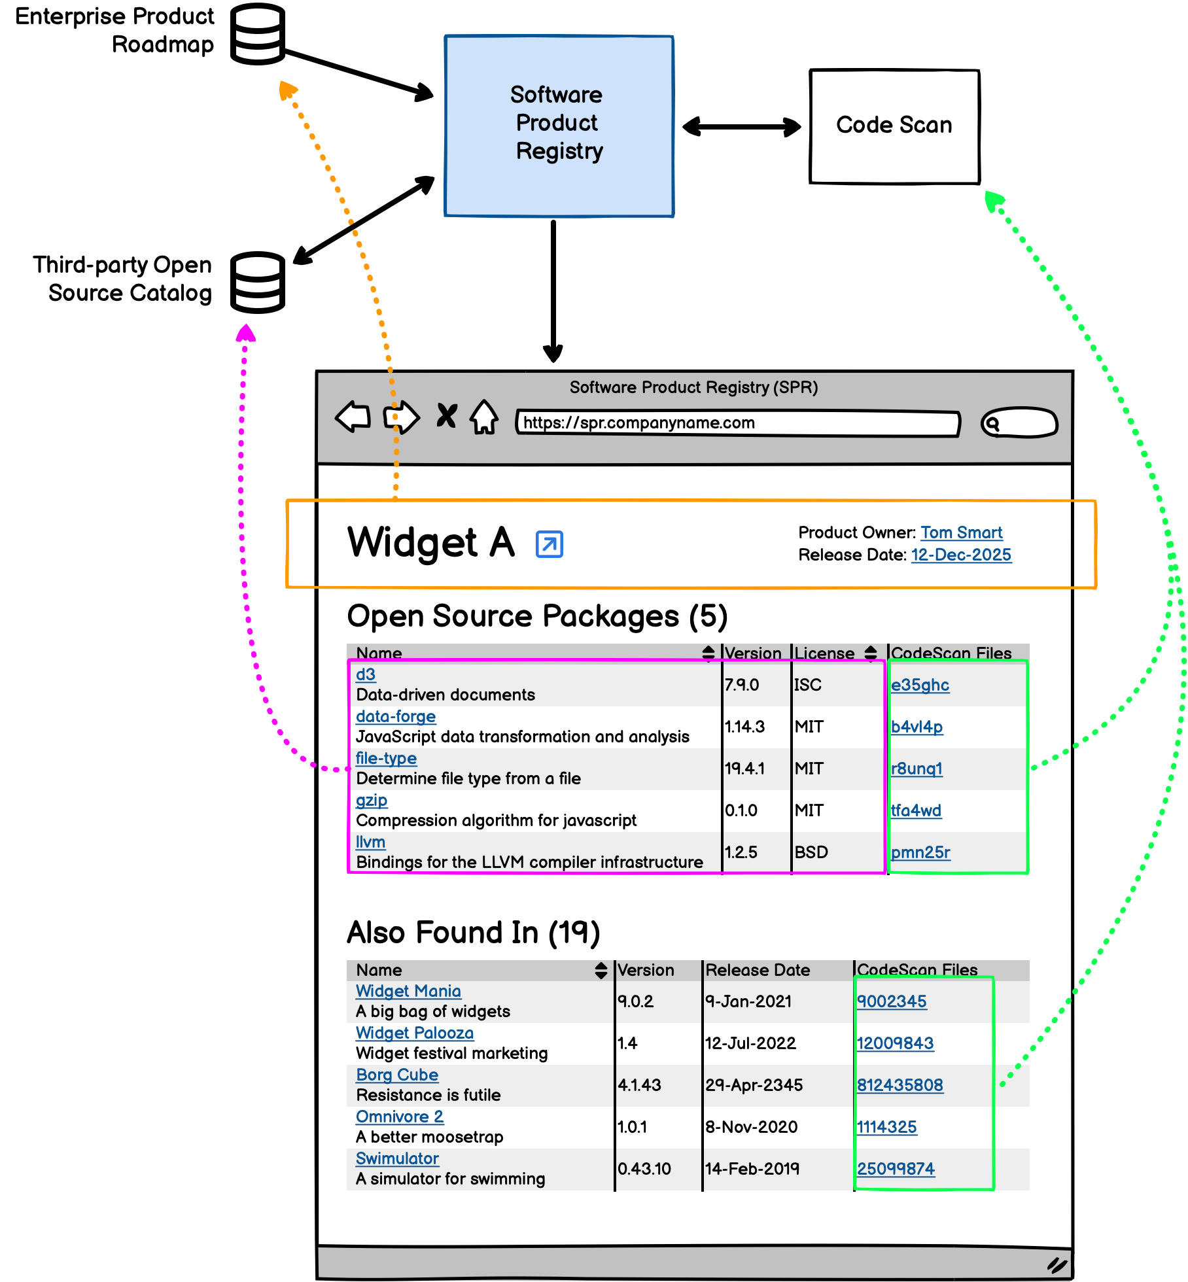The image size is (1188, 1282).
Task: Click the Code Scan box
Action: tap(894, 126)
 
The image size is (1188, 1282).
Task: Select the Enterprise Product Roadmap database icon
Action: tap(258, 34)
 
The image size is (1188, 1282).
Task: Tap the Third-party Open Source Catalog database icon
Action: tap(258, 282)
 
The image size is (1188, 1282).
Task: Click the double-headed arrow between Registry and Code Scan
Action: tap(741, 126)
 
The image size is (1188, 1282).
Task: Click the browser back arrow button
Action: tap(353, 417)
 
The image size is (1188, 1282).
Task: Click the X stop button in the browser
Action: tap(447, 415)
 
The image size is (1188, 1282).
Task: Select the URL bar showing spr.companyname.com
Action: tap(737, 423)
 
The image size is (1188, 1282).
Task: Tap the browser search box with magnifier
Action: tap(1019, 423)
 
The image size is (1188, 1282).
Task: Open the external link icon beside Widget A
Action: tap(550, 544)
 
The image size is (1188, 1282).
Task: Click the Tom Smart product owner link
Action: tap(961, 532)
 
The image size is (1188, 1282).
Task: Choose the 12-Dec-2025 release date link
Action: tap(961, 555)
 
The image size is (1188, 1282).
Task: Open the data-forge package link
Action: tap(396, 716)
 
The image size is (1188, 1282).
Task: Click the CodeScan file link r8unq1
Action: tap(917, 769)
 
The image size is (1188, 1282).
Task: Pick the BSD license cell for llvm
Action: tap(811, 852)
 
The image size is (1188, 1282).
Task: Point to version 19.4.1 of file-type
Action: tap(744, 769)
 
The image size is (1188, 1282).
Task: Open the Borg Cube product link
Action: tap(397, 1075)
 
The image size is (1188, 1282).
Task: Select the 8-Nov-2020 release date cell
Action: tap(751, 1127)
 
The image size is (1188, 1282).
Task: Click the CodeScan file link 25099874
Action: tap(896, 1169)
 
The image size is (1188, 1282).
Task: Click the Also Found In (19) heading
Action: tap(473, 932)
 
